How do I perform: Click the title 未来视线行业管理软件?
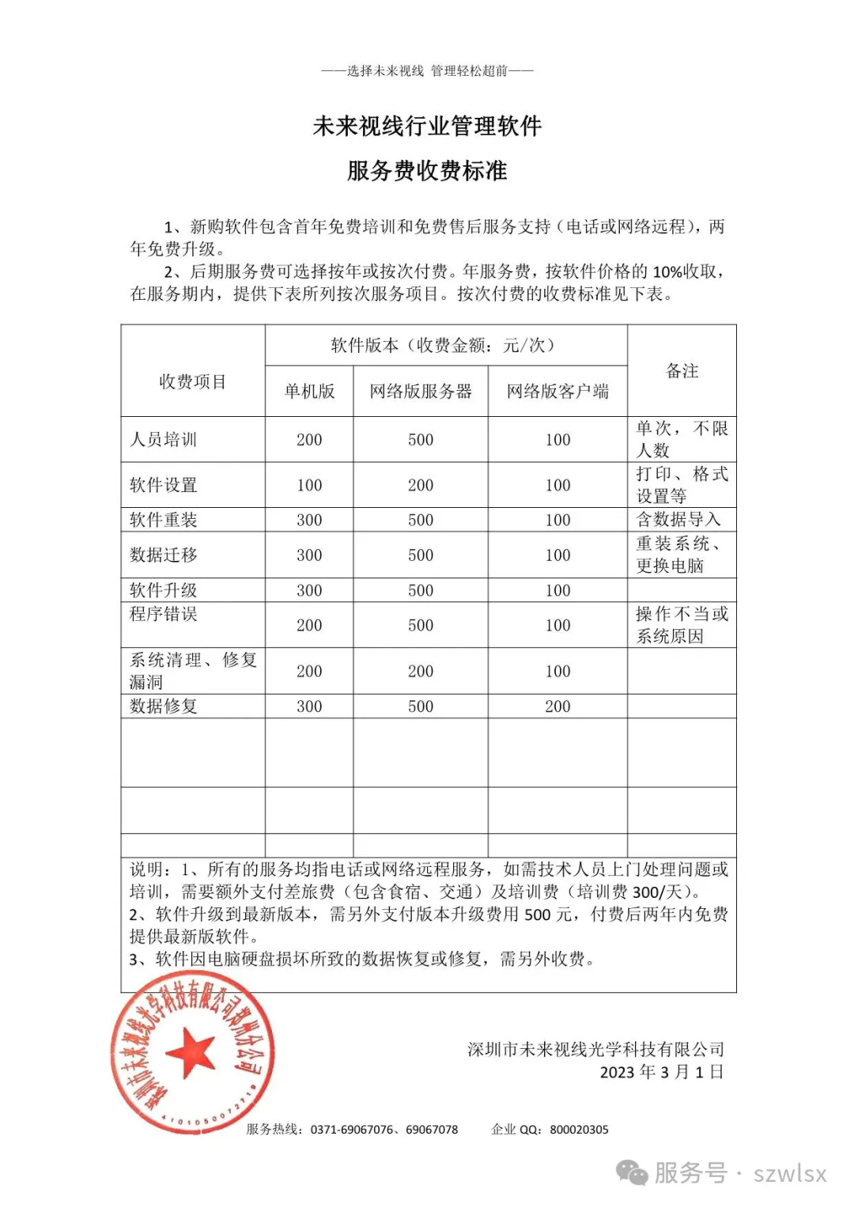click(427, 126)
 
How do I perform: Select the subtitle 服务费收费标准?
click(427, 170)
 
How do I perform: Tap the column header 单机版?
click(309, 391)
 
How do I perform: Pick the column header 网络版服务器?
click(421, 391)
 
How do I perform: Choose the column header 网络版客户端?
click(557, 391)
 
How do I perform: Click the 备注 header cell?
click(682, 371)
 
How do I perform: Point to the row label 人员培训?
click(163, 440)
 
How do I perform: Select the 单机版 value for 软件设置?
click(309, 485)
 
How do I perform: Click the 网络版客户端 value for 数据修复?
click(557, 706)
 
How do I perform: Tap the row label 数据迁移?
click(163, 555)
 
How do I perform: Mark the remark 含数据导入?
click(678, 520)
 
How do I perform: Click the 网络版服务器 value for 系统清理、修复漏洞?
click(421, 671)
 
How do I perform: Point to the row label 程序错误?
click(163, 614)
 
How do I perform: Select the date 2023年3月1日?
click(661, 1072)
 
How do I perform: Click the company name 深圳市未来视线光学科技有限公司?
click(595, 1049)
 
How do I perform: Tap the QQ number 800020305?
click(579, 1130)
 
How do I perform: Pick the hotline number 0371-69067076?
click(351, 1130)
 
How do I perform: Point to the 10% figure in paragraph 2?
click(668, 271)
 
